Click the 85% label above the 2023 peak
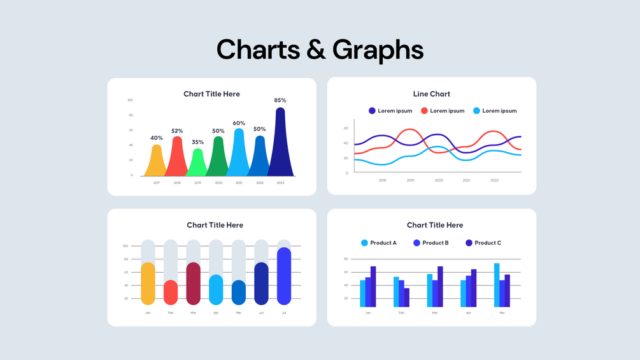pos(280,100)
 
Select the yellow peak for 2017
pos(156,162)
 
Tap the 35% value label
pos(197,142)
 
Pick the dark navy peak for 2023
pos(280,147)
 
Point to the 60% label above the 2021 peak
pos(239,123)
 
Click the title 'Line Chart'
pos(431,94)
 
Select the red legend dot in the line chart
pos(424,111)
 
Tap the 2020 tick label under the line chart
pos(439,180)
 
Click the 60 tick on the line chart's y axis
pos(346,128)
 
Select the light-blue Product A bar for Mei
pos(497,285)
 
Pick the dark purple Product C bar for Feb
pos(407,298)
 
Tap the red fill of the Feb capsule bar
pos(171,293)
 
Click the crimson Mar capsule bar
pos(194,284)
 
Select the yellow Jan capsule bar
pos(148,284)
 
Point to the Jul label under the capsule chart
pos(284,313)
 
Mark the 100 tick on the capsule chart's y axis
pos(125,246)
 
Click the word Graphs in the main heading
pos(378,50)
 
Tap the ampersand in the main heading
pos(316,50)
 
